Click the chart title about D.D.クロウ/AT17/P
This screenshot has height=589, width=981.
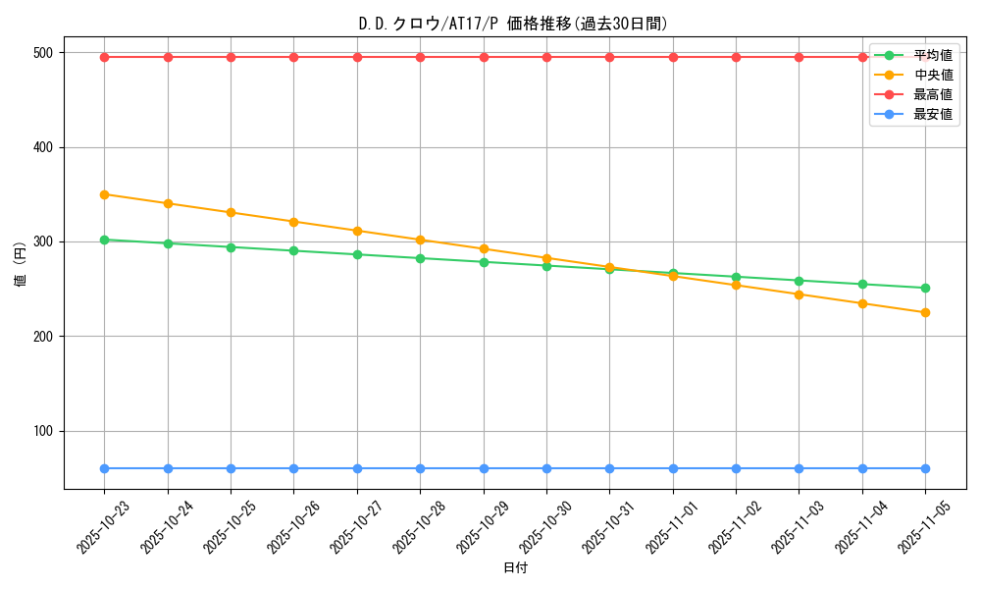(513, 25)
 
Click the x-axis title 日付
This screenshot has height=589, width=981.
(515, 568)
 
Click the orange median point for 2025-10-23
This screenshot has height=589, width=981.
(105, 194)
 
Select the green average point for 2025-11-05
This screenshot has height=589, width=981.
(925, 288)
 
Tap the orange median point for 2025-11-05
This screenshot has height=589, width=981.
(925, 312)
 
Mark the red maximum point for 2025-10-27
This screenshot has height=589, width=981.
(357, 57)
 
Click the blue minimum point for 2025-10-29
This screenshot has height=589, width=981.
(484, 468)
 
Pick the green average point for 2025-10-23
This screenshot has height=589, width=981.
(105, 240)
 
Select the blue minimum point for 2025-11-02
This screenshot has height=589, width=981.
(736, 468)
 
